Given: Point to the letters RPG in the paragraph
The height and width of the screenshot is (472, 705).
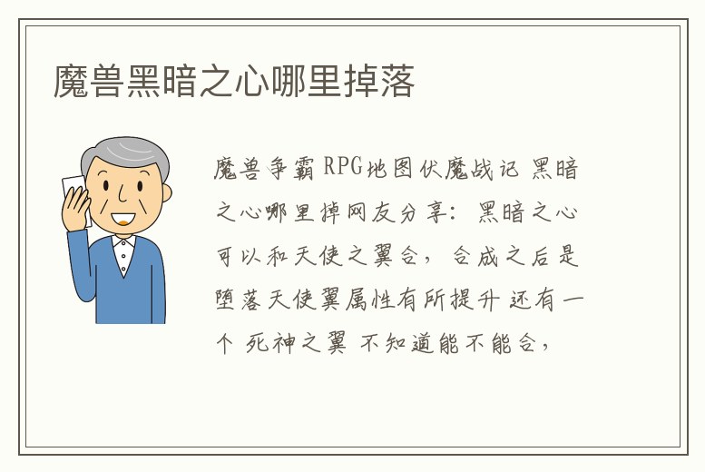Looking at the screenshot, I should [343, 167].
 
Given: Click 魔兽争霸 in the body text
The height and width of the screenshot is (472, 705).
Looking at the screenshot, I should [264, 168].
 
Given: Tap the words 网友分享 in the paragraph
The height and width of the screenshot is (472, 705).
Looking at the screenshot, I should [404, 211].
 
